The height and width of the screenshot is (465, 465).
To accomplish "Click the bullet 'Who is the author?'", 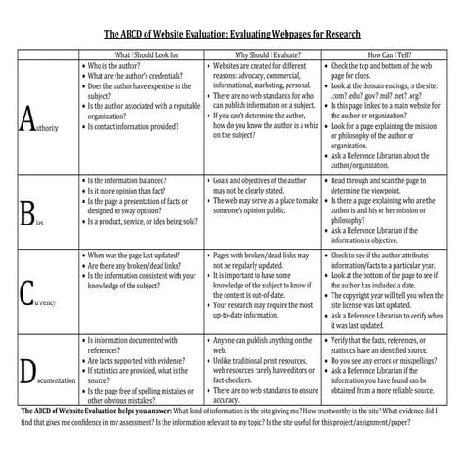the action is pyautogui.click(x=121, y=67).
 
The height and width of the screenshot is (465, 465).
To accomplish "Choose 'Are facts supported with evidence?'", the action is pyautogui.click(x=142, y=358).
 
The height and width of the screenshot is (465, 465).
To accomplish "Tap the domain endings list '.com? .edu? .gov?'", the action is pyautogui.click(x=376, y=97).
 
